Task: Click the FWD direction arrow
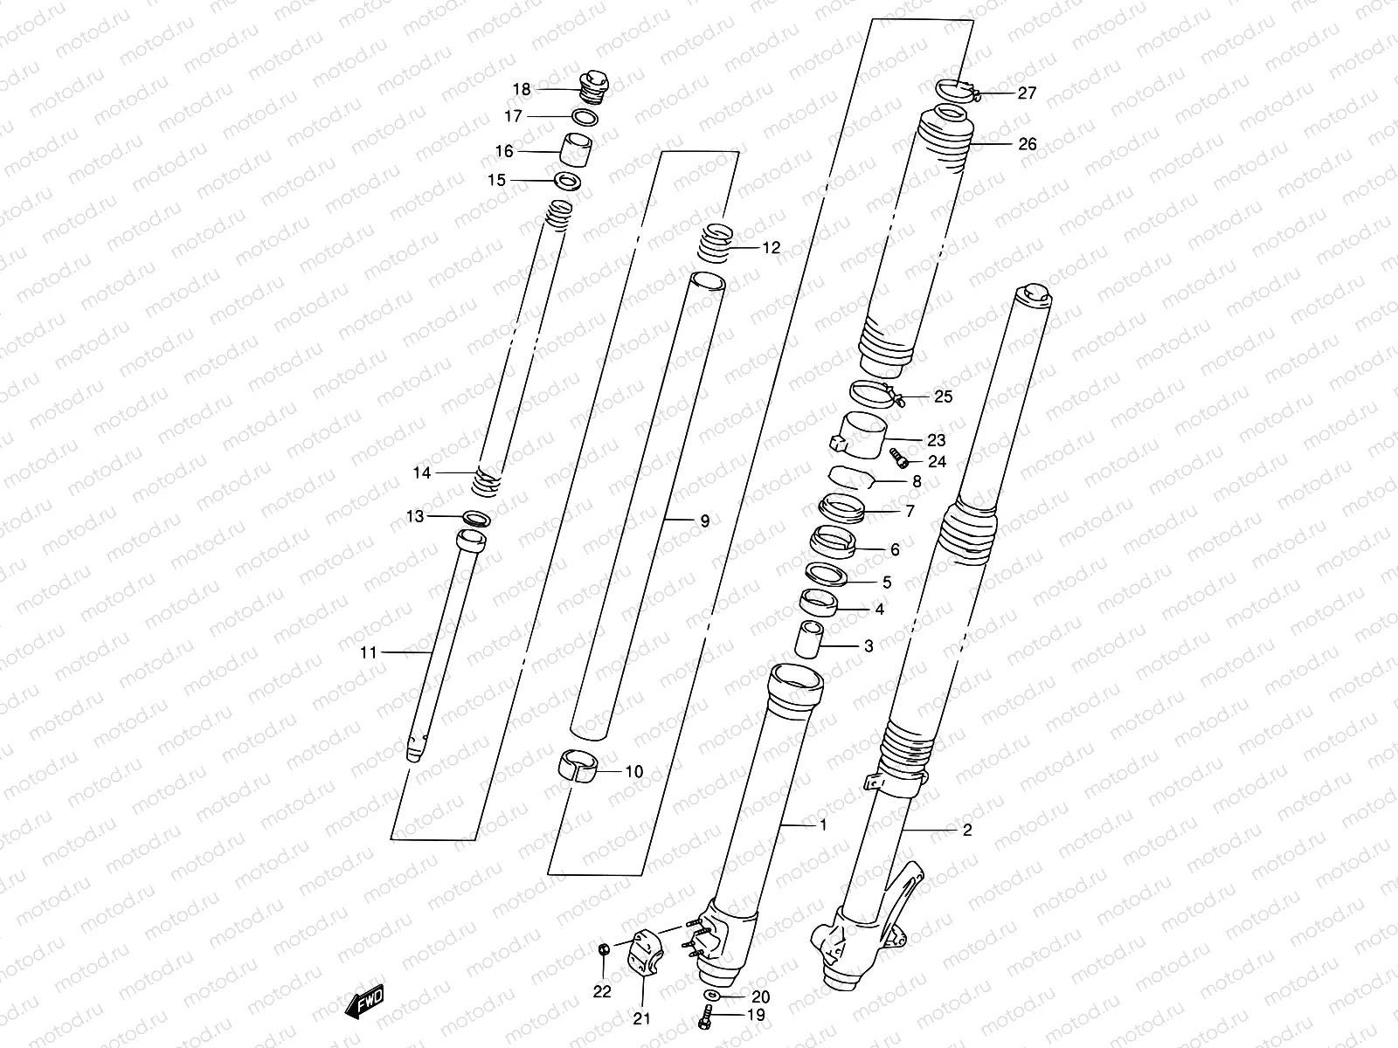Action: pos(366,1003)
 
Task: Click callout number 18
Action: pos(522,89)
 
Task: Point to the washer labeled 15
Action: pos(568,182)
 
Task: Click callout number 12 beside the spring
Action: pos(770,248)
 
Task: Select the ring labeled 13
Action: pos(475,518)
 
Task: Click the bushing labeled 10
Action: pos(577,767)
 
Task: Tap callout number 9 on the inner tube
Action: pos(704,521)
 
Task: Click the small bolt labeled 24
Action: pos(898,457)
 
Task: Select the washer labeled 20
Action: pos(711,996)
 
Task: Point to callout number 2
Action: pos(966,831)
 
